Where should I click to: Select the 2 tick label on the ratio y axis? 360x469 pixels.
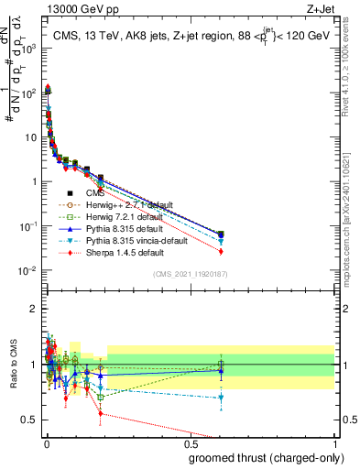[33, 309]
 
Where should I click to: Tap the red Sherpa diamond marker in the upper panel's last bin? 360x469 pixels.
[221, 251]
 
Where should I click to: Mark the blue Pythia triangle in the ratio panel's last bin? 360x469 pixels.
[221, 371]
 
